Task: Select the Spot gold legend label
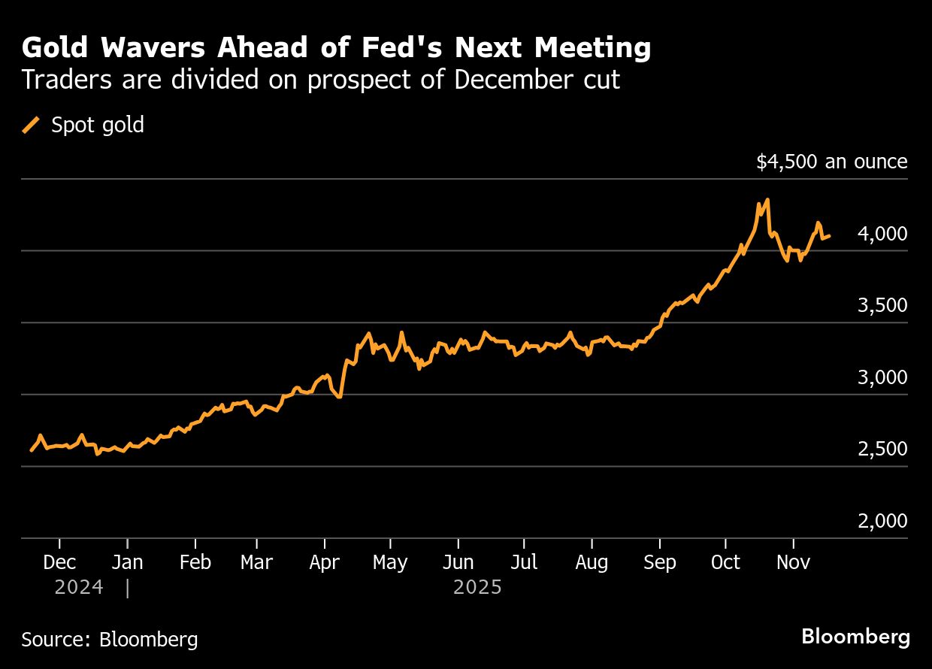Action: tap(98, 125)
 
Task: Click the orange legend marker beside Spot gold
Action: tap(32, 125)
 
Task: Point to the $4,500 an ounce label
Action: tap(832, 162)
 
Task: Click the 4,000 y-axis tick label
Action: tap(882, 235)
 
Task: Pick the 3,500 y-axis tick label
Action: tap(882, 306)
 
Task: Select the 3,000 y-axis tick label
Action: tap(882, 378)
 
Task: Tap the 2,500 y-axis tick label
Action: tap(882, 450)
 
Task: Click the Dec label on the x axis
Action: tap(59, 562)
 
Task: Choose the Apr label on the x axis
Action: tap(325, 562)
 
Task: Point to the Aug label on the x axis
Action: tap(592, 562)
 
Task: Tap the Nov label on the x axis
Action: tap(793, 562)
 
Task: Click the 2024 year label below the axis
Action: tap(78, 587)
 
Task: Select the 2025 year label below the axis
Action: tap(477, 587)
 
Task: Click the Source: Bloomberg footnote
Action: tap(110, 640)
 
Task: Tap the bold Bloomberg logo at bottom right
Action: tap(855, 637)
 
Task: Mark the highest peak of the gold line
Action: tap(767, 200)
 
